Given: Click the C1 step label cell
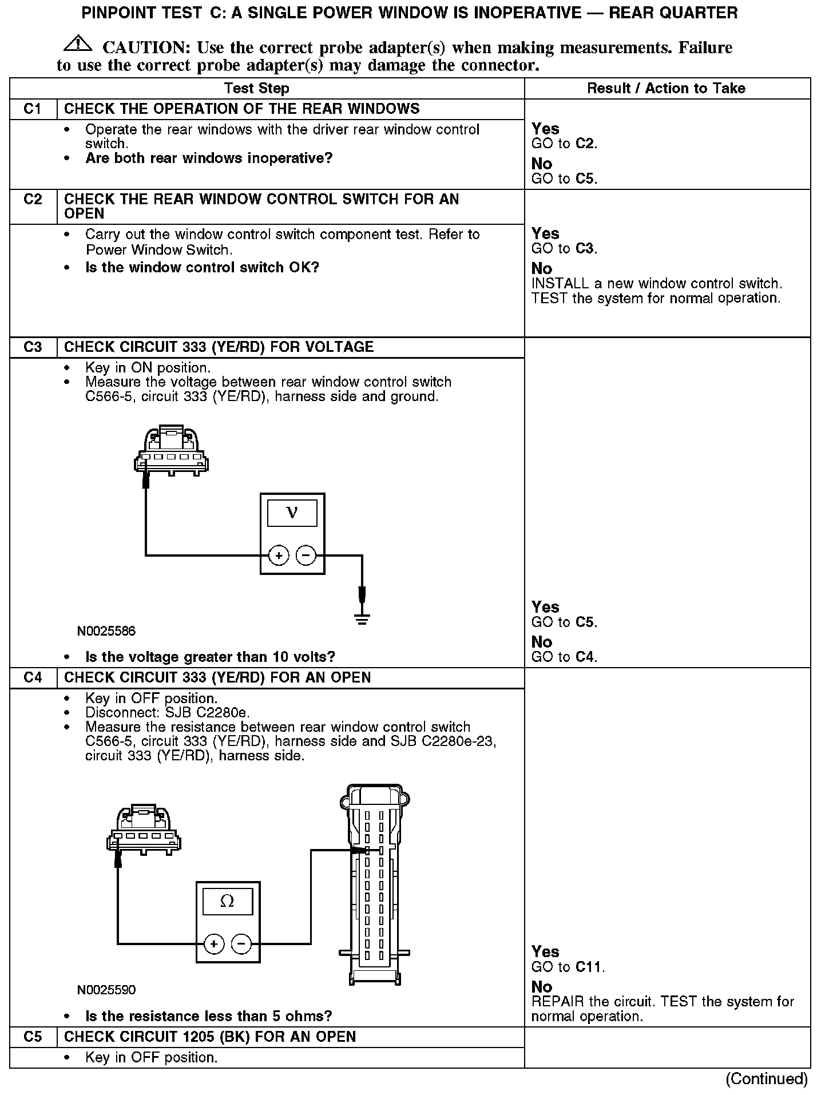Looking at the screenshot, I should pos(33,109).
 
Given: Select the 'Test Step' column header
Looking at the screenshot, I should pos(256,88).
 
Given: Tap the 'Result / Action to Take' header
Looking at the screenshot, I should pos(666,88).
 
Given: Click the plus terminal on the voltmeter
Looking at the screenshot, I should pos(279,555).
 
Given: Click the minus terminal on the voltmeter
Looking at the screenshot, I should pos(306,555).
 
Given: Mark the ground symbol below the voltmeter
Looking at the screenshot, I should pos(362,618).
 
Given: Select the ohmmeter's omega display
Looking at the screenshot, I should pos(227,902).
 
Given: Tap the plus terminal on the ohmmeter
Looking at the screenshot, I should pos(214,943).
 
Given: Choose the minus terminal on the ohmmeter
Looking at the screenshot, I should pos(241,943).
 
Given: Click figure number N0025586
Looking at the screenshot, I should pos(106,631).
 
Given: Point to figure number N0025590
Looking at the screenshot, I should pos(106,990).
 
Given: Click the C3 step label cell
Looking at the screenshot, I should pos(33,347).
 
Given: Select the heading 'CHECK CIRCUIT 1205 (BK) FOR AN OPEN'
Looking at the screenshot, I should pos(210,1037).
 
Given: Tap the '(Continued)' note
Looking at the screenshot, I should pos(766,1079).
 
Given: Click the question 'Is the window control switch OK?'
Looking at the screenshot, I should pos(202,267).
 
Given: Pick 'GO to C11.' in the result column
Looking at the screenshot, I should pos(568,967).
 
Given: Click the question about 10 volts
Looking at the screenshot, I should pos(210,657).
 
